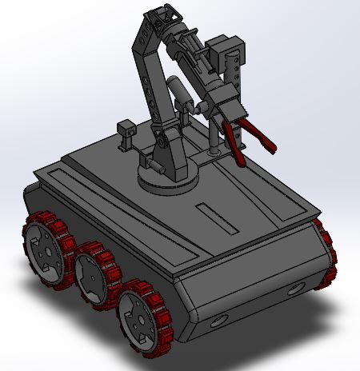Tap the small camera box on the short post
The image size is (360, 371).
[126, 128]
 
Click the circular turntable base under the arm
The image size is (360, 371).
[168, 180]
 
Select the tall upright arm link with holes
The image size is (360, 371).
[147, 80]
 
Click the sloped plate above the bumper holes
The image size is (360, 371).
[248, 272]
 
